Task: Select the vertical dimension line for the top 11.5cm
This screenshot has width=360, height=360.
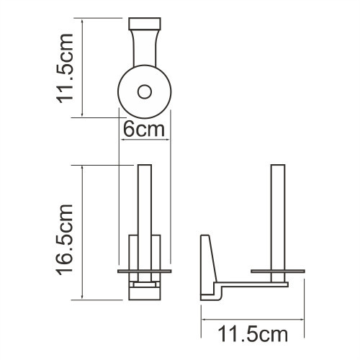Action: coord(84,68)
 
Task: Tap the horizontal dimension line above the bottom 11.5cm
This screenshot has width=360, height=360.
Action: coord(252,318)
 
